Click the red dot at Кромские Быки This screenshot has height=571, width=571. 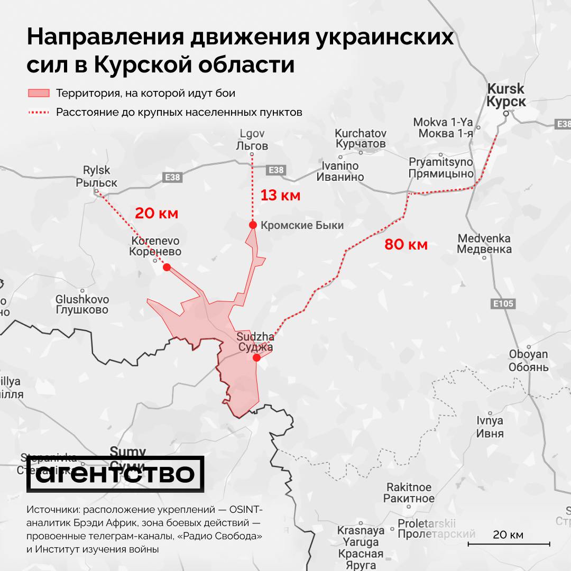point(253,225)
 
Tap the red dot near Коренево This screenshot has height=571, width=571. point(167,267)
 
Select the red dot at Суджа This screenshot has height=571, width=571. point(256,358)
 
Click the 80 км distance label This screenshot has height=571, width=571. point(406,244)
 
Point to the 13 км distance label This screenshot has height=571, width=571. point(280,196)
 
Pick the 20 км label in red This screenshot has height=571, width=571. point(156,214)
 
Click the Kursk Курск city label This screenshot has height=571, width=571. point(506,95)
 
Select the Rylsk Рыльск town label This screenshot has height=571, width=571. point(96,177)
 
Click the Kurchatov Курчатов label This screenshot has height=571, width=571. point(361,139)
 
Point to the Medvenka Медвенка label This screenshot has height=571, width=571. point(484,244)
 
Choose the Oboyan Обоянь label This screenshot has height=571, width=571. point(528,360)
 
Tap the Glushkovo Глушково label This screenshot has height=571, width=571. point(82,305)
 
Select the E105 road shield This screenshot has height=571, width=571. point(502,303)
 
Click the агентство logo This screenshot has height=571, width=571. point(115,474)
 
